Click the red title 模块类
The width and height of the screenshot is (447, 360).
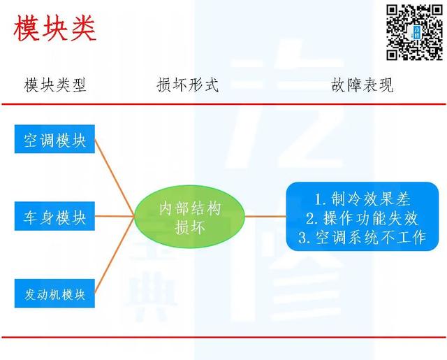54,28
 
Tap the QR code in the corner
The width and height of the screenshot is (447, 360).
414,32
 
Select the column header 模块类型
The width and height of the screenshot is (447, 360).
55,85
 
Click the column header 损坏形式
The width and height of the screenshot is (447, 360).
188,85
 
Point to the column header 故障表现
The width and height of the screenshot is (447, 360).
362,85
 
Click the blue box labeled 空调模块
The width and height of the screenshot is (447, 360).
54,139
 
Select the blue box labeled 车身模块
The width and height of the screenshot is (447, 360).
54,216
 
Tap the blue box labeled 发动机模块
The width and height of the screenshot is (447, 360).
54,294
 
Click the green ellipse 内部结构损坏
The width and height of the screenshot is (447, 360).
189,217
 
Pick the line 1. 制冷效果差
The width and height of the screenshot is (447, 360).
362,199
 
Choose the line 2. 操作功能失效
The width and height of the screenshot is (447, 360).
362,218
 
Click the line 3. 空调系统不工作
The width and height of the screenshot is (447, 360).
362,238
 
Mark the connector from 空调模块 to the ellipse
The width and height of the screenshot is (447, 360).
115,178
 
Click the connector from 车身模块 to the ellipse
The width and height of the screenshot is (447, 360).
115,216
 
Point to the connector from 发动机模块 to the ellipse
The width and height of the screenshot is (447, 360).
115,254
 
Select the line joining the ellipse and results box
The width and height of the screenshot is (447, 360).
265,216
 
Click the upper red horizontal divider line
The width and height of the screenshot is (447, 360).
223,104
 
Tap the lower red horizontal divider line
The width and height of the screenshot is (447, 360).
223,337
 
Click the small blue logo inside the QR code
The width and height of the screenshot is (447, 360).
417,32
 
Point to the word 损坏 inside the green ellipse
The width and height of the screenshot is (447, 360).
189,227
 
